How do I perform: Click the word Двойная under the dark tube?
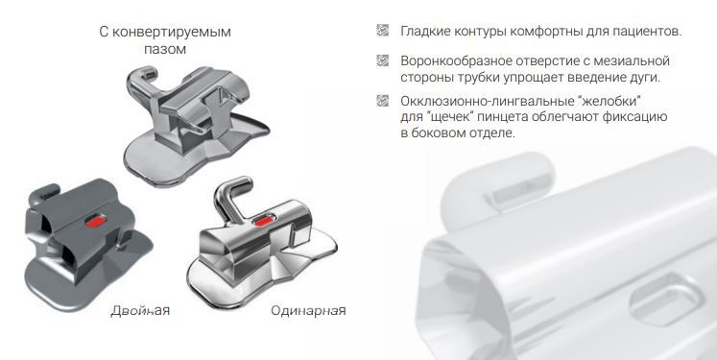[x=140, y=311]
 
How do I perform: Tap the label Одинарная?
[x=308, y=311]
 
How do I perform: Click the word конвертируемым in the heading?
[x=172, y=32]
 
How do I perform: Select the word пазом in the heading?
[x=165, y=49]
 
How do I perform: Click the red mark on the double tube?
[x=96, y=222]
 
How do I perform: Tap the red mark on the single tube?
[x=263, y=222]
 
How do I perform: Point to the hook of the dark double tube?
[x=45, y=191]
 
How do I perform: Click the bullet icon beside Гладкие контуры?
[x=382, y=30]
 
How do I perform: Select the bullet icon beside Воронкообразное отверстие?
[x=382, y=60]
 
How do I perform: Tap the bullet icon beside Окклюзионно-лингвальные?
[x=382, y=100]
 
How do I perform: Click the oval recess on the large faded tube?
[x=667, y=299]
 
